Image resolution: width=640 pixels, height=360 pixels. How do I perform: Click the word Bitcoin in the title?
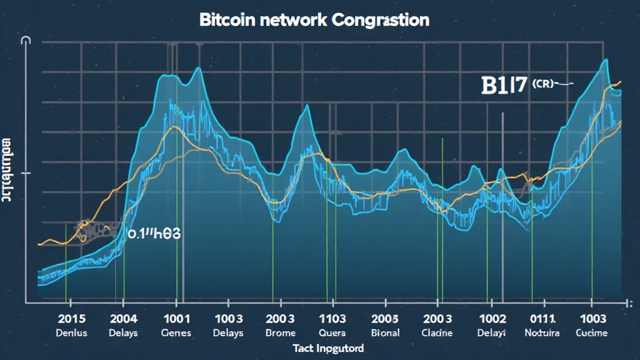(x=224, y=19)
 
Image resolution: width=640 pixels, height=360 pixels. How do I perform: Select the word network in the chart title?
(x=288, y=19)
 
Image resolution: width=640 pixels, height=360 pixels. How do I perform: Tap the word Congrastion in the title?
(x=381, y=19)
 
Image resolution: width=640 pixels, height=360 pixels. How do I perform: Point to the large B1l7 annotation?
(x=504, y=86)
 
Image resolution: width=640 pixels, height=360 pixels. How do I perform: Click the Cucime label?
(x=591, y=332)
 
